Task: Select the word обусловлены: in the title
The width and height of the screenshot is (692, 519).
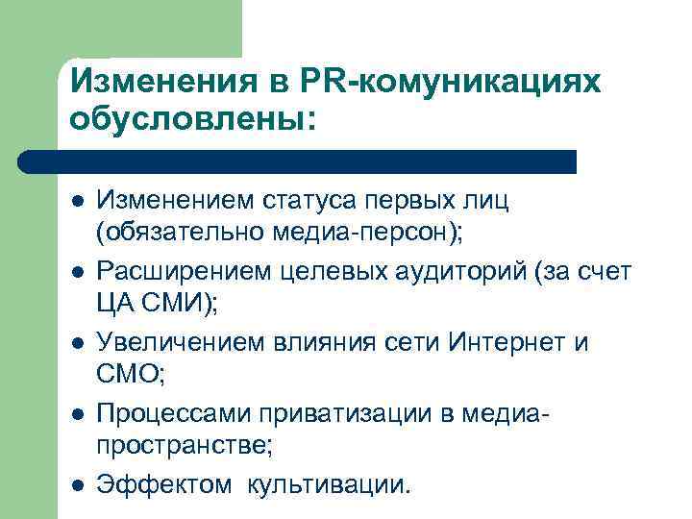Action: coord(192,120)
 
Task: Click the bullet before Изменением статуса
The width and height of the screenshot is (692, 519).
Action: coord(76,201)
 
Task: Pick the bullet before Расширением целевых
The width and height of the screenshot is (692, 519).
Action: coord(76,272)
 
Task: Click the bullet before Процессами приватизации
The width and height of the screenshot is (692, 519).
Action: coord(76,414)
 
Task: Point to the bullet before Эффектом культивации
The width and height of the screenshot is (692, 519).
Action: coord(76,484)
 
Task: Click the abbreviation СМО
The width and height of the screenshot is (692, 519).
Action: coord(126,378)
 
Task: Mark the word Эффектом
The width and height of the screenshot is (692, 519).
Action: coord(163,484)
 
